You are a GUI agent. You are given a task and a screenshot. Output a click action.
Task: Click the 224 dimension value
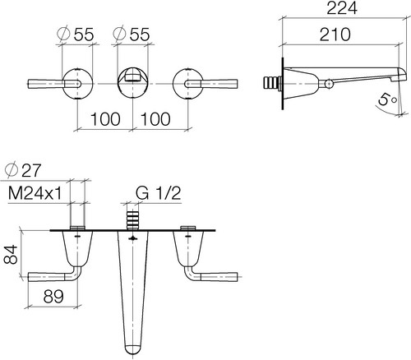[342, 8]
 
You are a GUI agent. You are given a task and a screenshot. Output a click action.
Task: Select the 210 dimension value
[335, 35]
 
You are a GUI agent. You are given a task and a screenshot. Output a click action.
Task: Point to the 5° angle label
[387, 99]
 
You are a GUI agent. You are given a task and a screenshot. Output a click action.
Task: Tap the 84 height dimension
[11, 255]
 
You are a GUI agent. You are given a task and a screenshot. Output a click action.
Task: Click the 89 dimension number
[53, 296]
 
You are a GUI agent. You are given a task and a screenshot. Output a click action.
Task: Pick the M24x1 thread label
[35, 193]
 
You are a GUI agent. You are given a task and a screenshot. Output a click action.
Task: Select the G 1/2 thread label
[158, 193]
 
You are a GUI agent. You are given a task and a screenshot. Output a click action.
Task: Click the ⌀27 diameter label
[23, 171]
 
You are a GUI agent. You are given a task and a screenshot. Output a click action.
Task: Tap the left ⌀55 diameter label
[75, 35]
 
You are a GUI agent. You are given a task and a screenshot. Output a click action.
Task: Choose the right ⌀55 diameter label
[132, 35]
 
